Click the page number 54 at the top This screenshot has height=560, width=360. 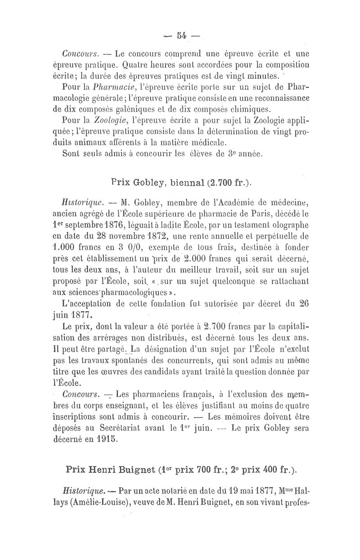182,36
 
